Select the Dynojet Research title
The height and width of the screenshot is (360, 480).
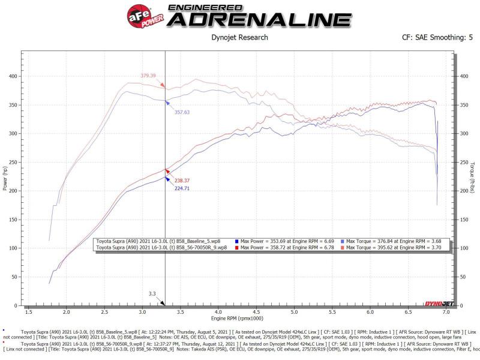[x=240, y=37]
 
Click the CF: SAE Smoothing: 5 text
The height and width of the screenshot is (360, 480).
[x=437, y=37]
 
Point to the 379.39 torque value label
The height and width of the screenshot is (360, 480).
[x=148, y=76]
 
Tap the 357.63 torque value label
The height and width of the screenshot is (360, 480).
[x=182, y=112]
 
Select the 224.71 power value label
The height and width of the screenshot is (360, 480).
[x=182, y=188]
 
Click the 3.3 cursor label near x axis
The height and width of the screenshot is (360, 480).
[x=152, y=294]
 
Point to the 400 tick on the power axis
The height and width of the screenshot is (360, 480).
[x=13, y=76]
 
